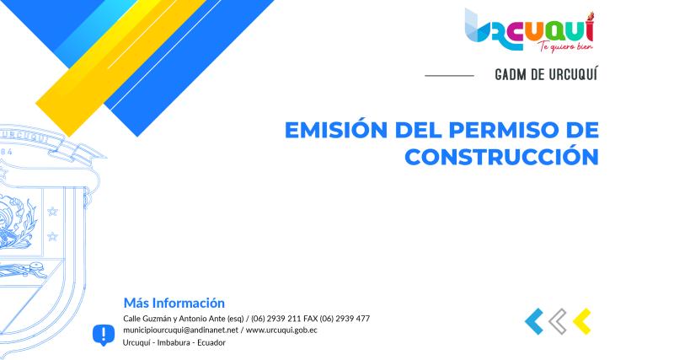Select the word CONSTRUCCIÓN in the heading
[x=501, y=157]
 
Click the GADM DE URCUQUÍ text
[x=547, y=75]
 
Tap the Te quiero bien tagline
[x=561, y=46]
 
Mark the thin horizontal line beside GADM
[x=449, y=76]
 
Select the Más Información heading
[x=174, y=302]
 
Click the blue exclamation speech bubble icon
[x=103, y=335]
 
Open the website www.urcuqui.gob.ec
[x=281, y=330]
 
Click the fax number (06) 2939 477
[x=344, y=318]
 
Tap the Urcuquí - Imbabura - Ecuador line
[x=174, y=341]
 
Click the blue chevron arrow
[x=533, y=320]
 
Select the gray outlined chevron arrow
[x=557, y=320]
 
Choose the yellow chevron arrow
[x=581, y=320]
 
